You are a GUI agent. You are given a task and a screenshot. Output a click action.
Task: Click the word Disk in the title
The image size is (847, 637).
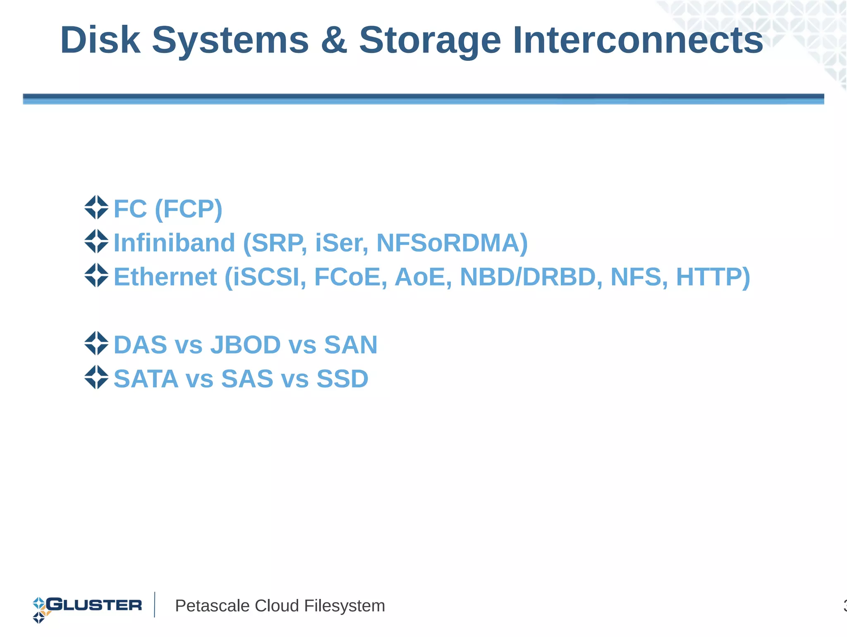point(100,40)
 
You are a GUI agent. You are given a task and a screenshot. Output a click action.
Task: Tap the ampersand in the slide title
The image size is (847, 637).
point(333,40)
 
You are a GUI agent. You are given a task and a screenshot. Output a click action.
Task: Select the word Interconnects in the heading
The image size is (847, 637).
point(638,40)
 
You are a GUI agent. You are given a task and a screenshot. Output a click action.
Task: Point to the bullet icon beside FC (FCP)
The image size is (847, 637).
point(96,207)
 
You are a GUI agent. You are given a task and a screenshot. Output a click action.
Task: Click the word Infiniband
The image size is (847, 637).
point(174,243)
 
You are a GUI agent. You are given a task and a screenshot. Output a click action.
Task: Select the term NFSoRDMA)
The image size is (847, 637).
point(452,243)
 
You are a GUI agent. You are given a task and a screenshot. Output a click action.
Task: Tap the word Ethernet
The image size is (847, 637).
point(165,276)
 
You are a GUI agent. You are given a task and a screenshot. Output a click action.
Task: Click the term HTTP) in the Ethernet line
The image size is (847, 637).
point(713,276)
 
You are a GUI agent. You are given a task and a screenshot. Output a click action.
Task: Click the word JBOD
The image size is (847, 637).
point(245,344)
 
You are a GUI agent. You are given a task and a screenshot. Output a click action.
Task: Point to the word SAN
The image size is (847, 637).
point(351,344)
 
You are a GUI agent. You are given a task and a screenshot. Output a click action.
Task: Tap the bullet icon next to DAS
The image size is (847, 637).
point(96,343)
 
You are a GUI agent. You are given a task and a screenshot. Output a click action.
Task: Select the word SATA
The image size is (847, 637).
point(146,378)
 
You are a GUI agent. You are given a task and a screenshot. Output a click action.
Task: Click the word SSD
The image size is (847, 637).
point(342,378)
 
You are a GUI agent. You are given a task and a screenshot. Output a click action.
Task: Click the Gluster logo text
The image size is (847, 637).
point(94,605)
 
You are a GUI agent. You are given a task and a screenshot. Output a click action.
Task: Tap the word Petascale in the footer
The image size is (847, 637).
point(212,606)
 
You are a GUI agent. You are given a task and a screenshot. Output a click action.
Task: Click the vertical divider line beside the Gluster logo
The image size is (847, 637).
point(155,604)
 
